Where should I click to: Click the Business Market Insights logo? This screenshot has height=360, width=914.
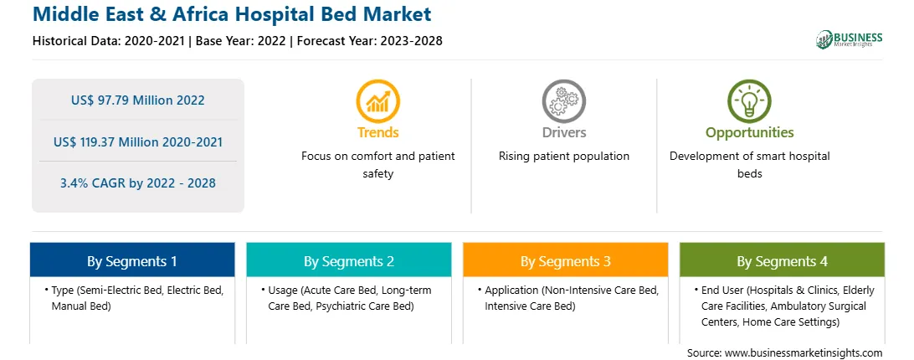click(849, 39)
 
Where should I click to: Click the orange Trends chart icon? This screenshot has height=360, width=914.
click(377, 101)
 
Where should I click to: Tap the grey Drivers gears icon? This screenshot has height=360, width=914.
click(563, 101)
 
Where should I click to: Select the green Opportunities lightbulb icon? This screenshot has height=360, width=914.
click(749, 101)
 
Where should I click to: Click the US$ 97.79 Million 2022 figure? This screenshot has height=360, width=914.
click(137, 100)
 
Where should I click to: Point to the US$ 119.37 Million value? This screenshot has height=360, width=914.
click(111, 141)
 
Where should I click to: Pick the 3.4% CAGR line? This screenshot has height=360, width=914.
click(137, 183)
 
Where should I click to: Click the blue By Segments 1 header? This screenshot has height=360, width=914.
click(132, 260)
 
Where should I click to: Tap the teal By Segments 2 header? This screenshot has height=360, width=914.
click(348, 260)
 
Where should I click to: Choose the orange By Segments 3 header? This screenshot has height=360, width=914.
click(566, 260)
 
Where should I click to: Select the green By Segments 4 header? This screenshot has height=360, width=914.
click(783, 260)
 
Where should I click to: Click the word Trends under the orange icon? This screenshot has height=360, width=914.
click(377, 132)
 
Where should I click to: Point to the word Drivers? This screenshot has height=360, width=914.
click(563, 132)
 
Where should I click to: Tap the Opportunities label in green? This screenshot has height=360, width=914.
click(750, 133)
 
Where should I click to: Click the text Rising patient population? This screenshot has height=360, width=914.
click(563, 157)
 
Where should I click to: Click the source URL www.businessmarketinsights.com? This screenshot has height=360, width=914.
click(804, 353)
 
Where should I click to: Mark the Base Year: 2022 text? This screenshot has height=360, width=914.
click(241, 41)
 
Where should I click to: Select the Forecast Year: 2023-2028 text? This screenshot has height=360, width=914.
click(370, 41)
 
